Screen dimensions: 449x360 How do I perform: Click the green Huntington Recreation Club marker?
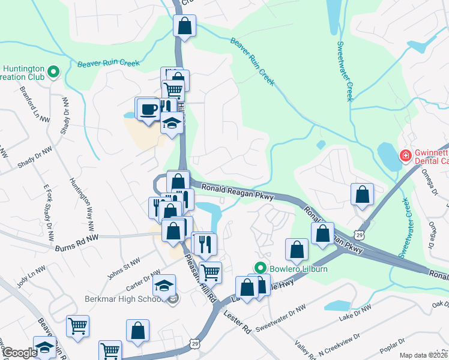coord(53,73)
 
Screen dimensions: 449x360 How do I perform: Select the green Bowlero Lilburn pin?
coord(260,268)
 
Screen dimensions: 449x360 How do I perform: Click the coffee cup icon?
coord(148,109)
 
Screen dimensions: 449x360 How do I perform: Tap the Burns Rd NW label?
coord(76,246)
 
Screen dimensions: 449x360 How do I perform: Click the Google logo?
coord(19,353)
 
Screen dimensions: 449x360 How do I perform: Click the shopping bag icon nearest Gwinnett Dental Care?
coord(362,194)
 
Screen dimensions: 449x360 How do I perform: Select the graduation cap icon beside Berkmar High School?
coord(164,286)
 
